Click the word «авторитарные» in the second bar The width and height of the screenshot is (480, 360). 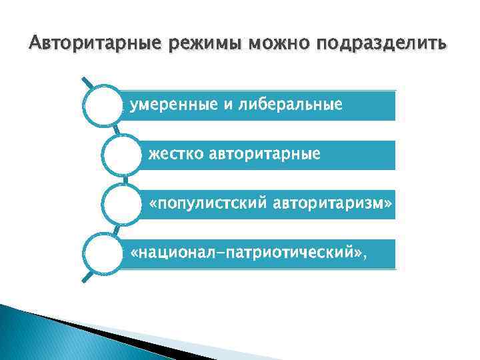[x=265, y=154]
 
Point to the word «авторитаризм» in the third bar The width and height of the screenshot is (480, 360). [x=339, y=203]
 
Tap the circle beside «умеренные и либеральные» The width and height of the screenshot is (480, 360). [x=103, y=105]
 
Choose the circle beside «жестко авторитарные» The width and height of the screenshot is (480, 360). [x=122, y=155]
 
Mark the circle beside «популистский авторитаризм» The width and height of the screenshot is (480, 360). [x=122, y=204]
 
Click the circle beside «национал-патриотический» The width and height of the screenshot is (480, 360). [x=103, y=253]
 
